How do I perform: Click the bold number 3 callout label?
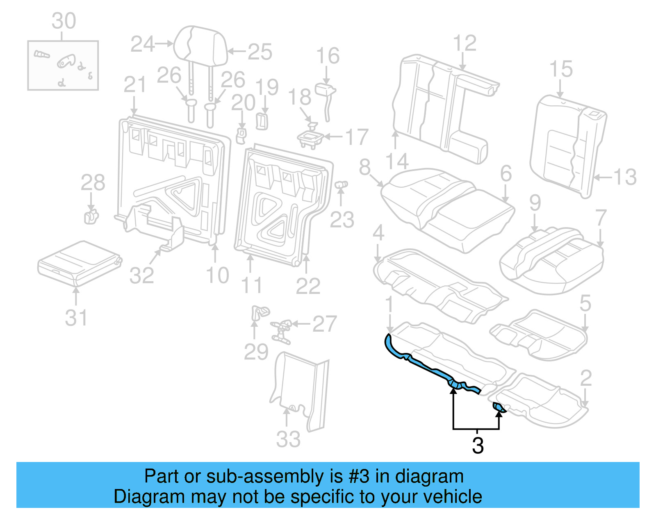coord(478,446)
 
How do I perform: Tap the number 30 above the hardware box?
coord(64,21)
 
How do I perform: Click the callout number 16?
coord(328,56)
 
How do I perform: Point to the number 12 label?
coord(465,43)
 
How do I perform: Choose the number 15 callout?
coord(560,69)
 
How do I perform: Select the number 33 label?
coord(288,439)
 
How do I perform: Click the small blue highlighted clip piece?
coord(499,407)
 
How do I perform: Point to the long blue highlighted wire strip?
coord(426,367)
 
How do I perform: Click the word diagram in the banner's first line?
coord(429,477)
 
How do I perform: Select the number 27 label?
coord(324,324)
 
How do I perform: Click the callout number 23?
coord(342,220)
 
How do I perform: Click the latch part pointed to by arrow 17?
coord(310,138)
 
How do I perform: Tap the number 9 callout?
coord(535,203)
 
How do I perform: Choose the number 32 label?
coord(141,275)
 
